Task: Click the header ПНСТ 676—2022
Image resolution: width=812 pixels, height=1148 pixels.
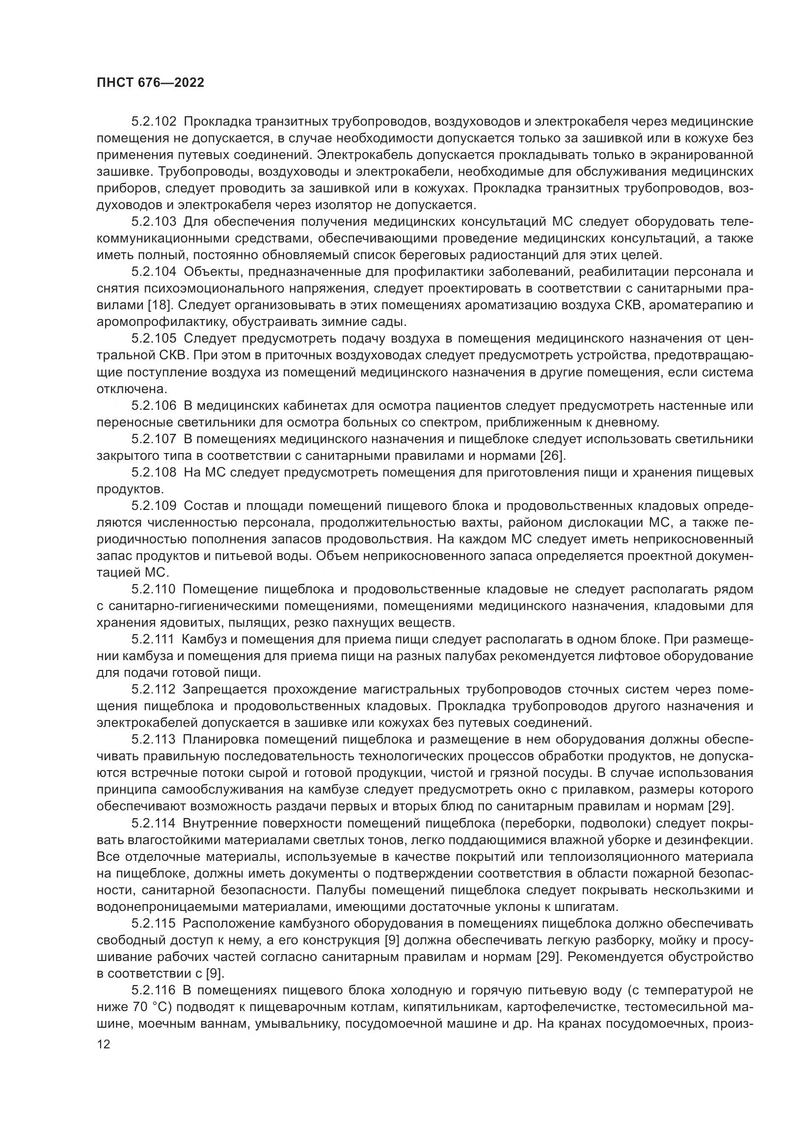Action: tap(151, 83)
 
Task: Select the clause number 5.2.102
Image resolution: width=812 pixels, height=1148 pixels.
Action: tap(154, 122)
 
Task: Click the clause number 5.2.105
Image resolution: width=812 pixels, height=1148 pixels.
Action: tap(154, 339)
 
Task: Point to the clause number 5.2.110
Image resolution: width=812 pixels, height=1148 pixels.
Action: tap(154, 589)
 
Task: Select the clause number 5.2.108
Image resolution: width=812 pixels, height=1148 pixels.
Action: tap(154, 472)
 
